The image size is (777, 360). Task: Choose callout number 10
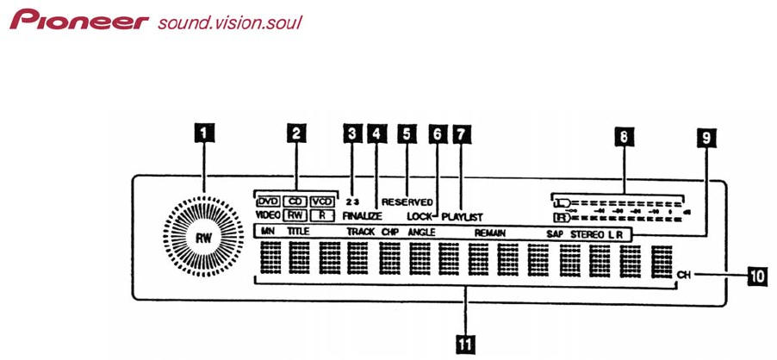point(755,276)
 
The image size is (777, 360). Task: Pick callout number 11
point(465,343)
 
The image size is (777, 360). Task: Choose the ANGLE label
point(421,233)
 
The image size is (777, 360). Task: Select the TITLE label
point(296,233)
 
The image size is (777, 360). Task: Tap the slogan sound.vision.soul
point(230,21)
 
